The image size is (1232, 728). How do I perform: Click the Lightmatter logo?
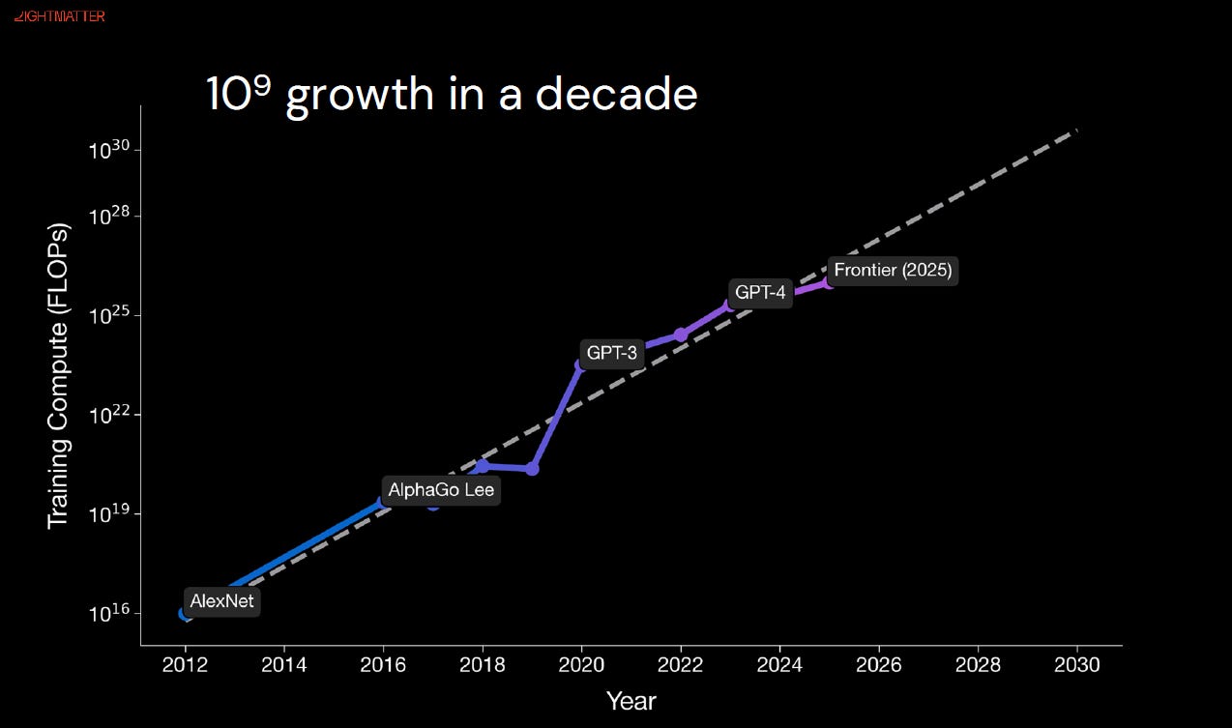[59, 16]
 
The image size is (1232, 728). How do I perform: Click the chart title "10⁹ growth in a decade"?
[453, 95]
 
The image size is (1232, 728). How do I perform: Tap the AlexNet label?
[221, 601]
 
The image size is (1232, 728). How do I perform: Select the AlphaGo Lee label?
[441, 490]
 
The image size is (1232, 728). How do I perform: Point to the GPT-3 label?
[611, 353]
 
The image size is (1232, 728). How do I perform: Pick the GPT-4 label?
[760, 293]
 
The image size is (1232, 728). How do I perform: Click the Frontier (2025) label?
[893, 270]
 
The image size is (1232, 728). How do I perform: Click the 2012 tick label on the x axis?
[185, 665]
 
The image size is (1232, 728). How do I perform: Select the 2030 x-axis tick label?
[1077, 665]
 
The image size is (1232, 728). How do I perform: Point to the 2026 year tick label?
[878, 665]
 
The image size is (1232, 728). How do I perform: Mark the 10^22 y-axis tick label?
[109, 415]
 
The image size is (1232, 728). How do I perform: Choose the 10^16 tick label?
[109, 613]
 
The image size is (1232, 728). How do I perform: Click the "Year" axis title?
[631, 702]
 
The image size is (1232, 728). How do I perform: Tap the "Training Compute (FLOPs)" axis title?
[58, 376]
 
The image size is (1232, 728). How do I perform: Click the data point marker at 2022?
[681, 335]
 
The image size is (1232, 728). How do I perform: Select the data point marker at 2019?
[532, 469]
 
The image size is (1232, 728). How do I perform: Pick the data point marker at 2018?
[483, 466]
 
